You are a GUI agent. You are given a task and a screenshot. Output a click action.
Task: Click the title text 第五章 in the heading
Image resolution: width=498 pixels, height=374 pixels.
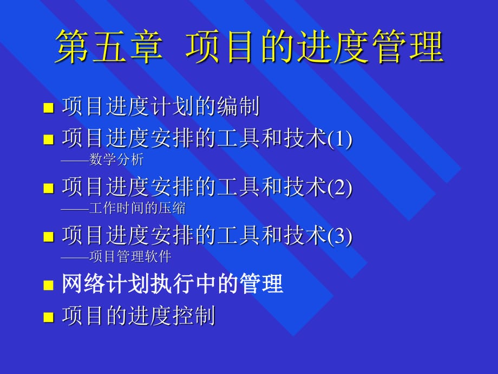(108, 47)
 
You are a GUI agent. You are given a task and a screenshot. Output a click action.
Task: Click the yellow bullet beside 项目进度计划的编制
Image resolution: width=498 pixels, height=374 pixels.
(49, 107)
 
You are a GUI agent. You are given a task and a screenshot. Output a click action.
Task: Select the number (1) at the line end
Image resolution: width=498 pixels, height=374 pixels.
(340, 139)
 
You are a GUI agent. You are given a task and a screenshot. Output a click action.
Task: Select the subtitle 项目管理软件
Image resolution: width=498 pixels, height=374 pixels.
(130, 256)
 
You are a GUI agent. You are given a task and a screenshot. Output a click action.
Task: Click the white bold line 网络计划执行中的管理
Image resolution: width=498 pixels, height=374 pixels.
(173, 284)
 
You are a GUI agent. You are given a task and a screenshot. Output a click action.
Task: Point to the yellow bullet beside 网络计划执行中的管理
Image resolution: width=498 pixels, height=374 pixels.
(49, 285)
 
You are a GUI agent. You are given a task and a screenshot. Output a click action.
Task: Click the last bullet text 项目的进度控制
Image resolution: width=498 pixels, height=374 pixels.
(139, 316)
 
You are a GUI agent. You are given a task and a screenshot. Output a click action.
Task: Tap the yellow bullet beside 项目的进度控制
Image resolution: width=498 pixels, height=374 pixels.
(49, 317)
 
